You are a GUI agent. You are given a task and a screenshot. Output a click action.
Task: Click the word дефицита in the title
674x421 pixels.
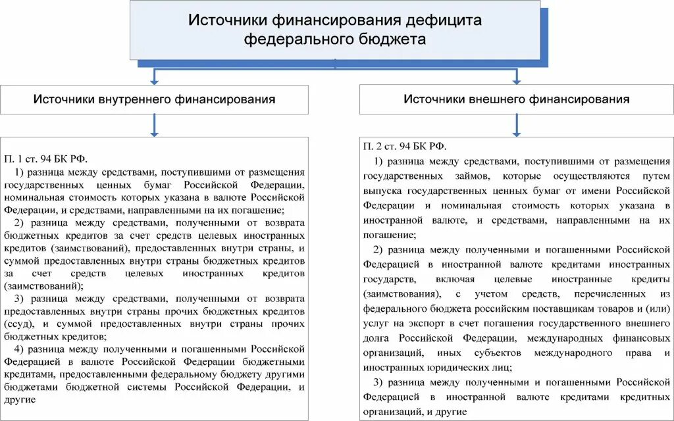(x=442, y=20)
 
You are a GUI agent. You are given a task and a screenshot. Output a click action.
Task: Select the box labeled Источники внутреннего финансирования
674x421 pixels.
(x=155, y=99)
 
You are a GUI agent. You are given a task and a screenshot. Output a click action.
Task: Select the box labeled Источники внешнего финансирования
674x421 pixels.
(x=517, y=99)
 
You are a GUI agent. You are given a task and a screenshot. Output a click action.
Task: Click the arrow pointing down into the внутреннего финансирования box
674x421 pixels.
(x=155, y=78)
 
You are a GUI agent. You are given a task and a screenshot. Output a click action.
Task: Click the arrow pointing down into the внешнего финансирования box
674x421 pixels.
(x=517, y=78)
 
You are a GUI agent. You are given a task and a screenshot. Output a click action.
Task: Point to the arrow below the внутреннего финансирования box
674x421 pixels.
(x=155, y=126)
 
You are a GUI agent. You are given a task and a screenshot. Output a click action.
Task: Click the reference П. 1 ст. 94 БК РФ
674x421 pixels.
(x=45, y=159)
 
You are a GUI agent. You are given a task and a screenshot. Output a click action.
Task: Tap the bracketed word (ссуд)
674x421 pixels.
(x=17, y=324)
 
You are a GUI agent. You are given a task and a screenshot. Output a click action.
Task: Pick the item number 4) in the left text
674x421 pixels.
(x=20, y=349)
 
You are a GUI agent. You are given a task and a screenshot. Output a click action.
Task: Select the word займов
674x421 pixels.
(x=473, y=176)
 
